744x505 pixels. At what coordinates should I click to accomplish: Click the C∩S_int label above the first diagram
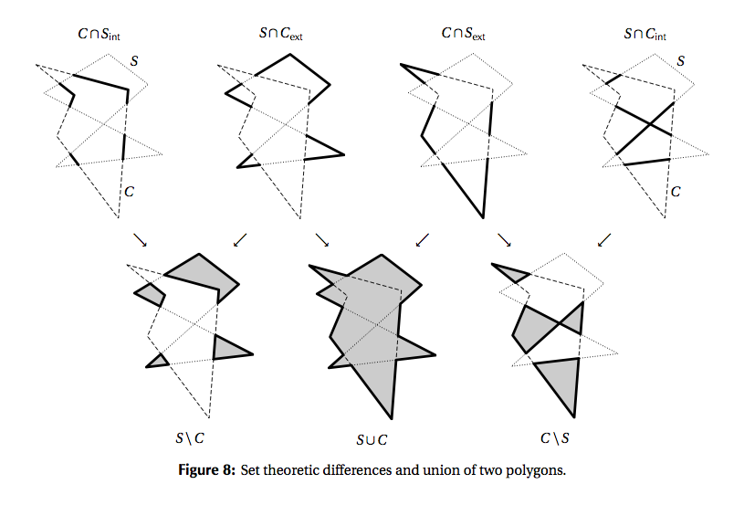click(x=104, y=35)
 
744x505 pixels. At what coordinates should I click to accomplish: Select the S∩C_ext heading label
click(x=281, y=35)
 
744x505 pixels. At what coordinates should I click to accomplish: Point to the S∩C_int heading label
click(x=644, y=35)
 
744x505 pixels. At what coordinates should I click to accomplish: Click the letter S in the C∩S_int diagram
click(x=136, y=61)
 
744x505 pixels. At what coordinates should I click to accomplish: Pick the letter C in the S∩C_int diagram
click(x=676, y=192)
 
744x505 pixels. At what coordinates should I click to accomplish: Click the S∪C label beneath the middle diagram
click(x=372, y=439)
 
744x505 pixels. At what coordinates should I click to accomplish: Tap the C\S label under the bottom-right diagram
click(x=554, y=438)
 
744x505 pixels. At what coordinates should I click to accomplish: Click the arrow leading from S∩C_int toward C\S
click(x=603, y=239)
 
